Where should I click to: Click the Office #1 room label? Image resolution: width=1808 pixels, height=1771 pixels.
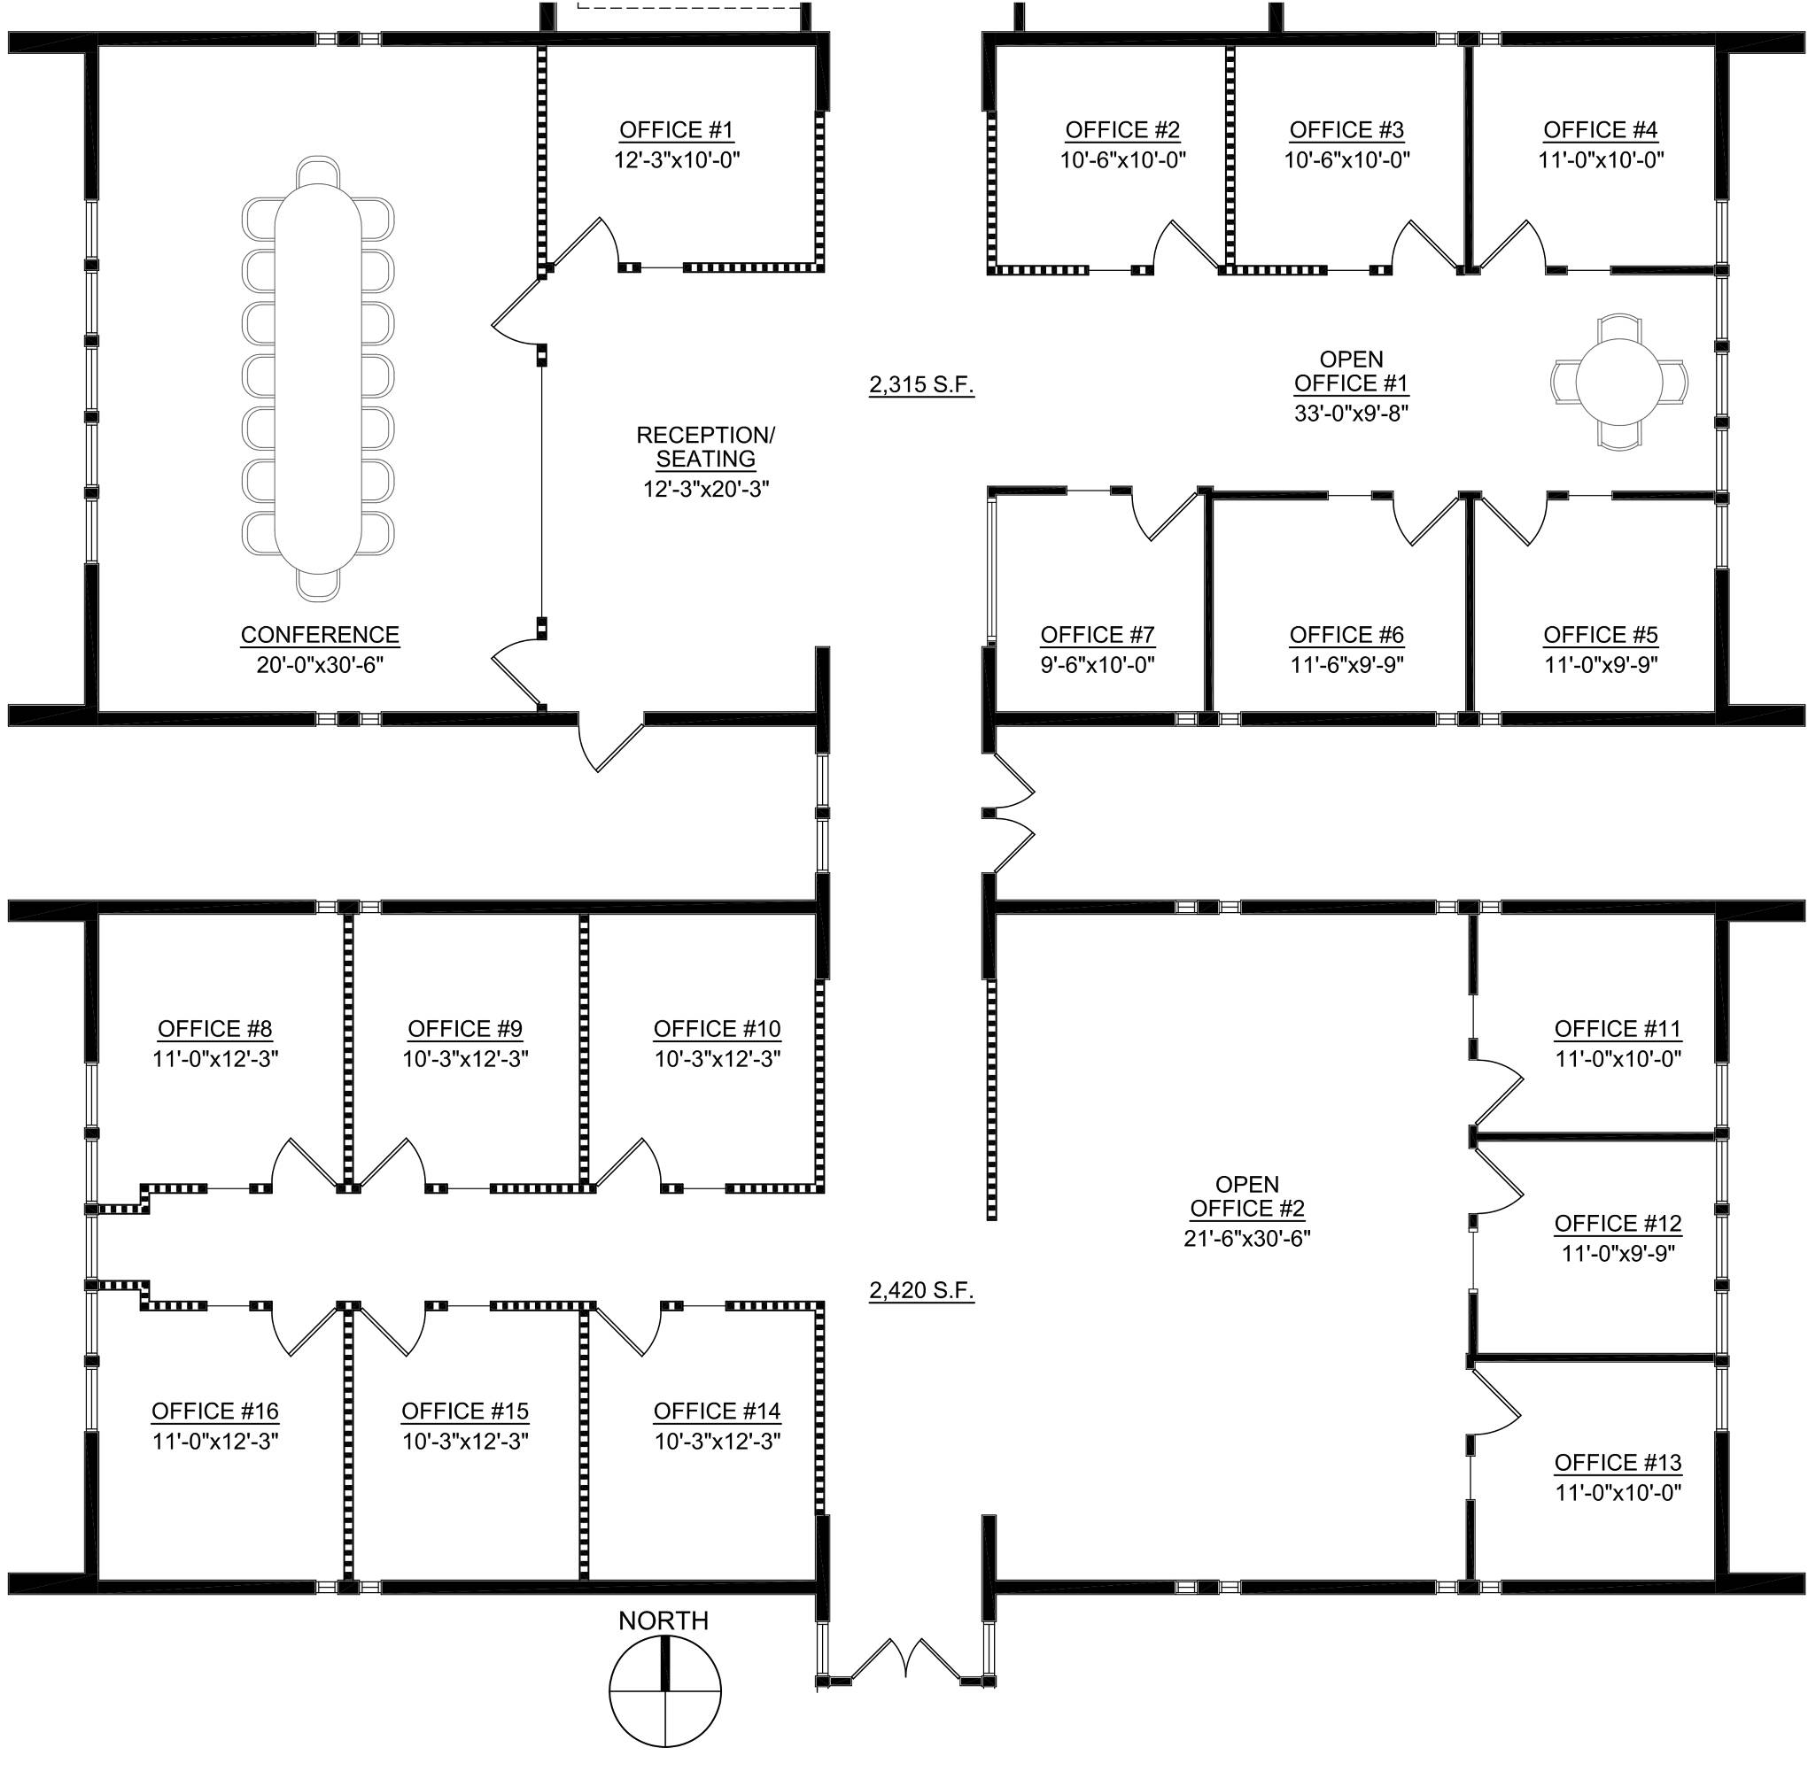coord(677,129)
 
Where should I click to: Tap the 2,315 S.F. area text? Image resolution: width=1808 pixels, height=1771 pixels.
coord(921,384)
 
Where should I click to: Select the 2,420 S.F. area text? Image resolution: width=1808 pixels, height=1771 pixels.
coord(921,1290)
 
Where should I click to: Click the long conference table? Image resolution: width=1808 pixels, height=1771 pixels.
coord(317,379)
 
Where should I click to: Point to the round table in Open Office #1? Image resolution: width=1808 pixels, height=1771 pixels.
coord(1619,383)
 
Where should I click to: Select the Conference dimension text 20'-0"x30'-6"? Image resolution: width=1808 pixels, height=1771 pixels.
coord(320,665)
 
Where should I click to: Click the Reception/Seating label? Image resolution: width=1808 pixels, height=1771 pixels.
coord(705,446)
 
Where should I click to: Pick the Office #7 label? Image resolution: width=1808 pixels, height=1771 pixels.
coord(1098,635)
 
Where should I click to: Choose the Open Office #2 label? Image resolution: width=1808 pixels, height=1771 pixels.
coord(1247,1196)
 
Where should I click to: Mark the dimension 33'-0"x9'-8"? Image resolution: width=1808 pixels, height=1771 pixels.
coord(1351,413)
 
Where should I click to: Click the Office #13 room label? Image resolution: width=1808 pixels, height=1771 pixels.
coord(1618,1462)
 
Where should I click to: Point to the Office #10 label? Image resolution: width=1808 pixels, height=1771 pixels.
coord(718,1029)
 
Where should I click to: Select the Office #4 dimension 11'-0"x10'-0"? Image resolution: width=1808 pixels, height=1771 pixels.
coord(1601,159)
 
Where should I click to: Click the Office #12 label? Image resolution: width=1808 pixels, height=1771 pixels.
coord(1618,1223)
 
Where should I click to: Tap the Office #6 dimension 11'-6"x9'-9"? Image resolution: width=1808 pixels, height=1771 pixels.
coord(1346,665)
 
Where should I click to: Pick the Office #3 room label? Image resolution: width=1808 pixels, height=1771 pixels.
coord(1346,129)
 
